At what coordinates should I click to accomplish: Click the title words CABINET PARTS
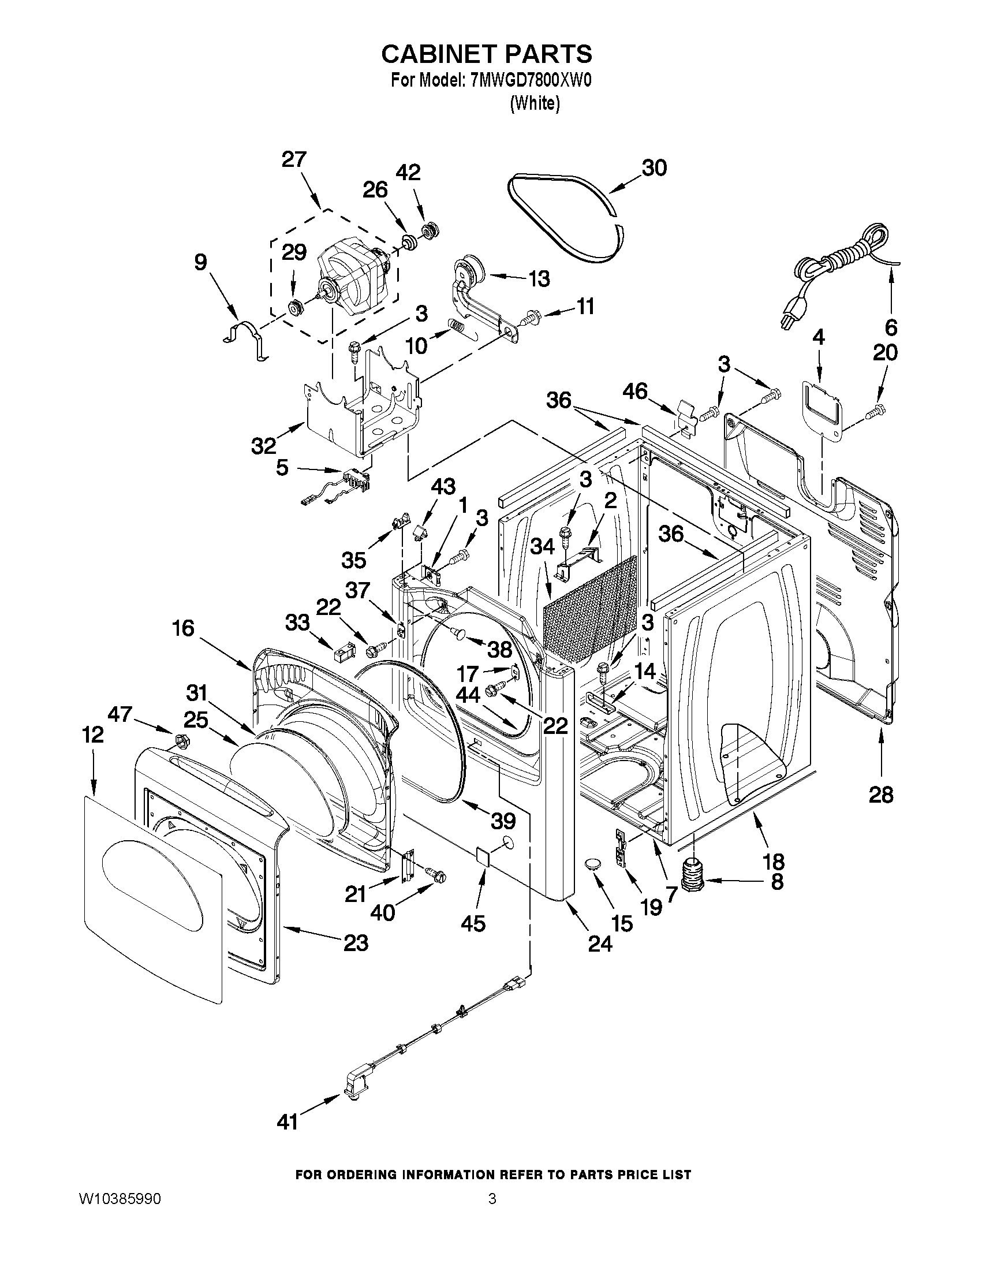(486, 54)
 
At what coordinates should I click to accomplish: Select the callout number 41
(287, 1121)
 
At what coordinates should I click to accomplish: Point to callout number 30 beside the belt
(654, 167)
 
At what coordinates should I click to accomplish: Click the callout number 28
(880, 795)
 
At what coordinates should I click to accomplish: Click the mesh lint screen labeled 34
(588, 611)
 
